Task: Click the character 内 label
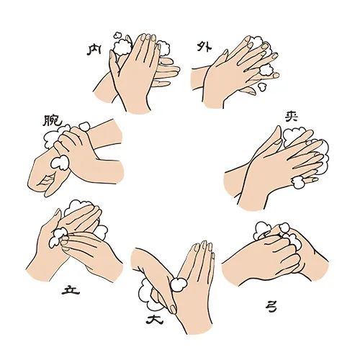point(94,50)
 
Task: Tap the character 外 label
point(204,47)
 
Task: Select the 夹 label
point(292,116)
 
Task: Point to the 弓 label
point(271,307)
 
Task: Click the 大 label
point(155,320)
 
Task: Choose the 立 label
point(71,289)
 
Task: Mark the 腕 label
point(53,120)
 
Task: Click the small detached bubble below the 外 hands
point(262,86)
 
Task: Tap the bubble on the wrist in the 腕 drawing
point(60,163)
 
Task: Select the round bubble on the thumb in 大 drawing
point(179,284)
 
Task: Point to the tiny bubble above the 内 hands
point(117,35)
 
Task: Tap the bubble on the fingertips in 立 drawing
point(58,237)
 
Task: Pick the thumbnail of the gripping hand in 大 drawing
point(173,309)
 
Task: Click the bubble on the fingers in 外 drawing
point(266,69)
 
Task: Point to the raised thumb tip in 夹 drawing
point(278,127)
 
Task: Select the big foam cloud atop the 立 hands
point(77,207)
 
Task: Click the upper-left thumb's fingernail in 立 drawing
point(58,212)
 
